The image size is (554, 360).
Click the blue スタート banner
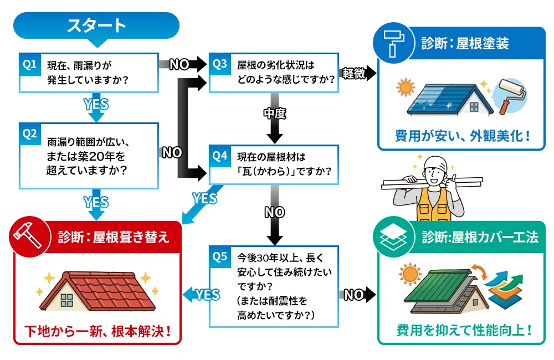[96, 25]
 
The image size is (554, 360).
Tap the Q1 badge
[30, 65]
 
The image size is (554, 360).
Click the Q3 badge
[219, 65]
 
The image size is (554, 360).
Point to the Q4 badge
[219, 157]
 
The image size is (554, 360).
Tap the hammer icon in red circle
[26, 236]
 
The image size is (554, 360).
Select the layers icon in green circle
[394, 236]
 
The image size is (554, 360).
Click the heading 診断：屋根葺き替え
[114, 237]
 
